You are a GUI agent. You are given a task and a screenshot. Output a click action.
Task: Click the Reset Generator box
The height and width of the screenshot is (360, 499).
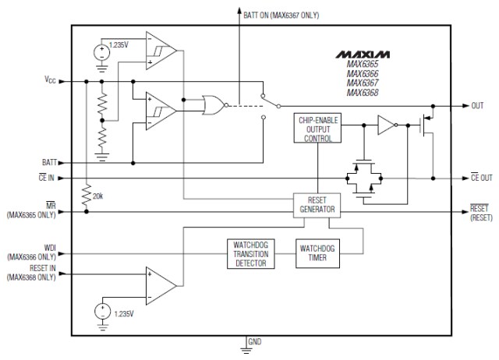pos(316,205)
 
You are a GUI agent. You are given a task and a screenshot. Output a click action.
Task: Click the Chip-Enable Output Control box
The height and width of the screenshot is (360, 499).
pos(316,129)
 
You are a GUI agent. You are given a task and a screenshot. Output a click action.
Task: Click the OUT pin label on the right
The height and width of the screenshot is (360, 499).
pos(477,105)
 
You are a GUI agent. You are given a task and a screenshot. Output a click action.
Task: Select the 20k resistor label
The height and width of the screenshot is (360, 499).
pos(98,196)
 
